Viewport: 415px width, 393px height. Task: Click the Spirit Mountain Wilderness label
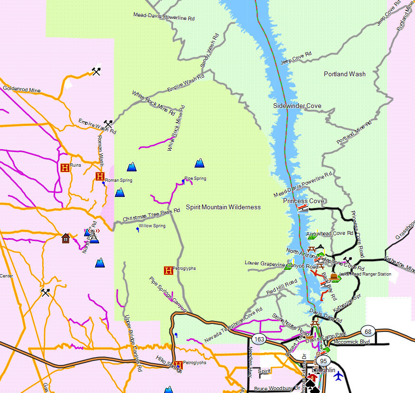[x=223, y=207]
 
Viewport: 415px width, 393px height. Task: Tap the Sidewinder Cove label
[x=297, y=106]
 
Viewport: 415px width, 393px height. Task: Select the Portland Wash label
[x=344, y=74]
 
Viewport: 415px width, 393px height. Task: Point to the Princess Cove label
[x=304, y=201]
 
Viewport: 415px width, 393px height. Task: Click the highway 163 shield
[x=259, y=339]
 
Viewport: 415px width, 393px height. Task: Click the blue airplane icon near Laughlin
[x=338, y=376]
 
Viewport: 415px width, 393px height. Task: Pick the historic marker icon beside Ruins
[x=65, y=167]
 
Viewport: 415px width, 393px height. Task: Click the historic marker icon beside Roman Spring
[x=100, y=177]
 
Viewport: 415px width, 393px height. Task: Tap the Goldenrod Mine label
[x=22, y=89]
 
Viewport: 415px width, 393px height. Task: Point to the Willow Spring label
[x=152, y=226]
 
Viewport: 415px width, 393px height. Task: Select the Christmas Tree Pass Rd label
[x=151, y=214]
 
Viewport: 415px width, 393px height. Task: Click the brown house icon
[x=65, y=237]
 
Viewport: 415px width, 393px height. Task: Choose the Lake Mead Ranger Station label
[x=365, y=274]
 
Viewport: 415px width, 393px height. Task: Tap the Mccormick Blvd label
[x=351, y=341]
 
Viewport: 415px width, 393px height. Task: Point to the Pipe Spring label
[x=195, y=179]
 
